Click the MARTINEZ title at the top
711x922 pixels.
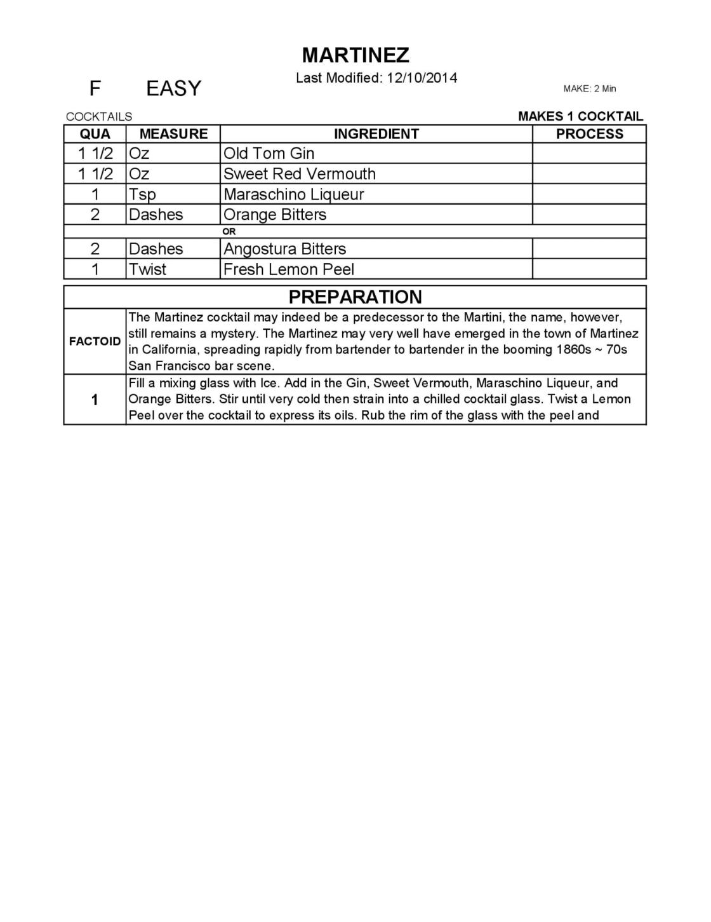coord(355,56)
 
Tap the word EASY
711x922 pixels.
coord(173,88)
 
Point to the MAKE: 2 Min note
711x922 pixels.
coord(589,89)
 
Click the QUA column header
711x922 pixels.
coord(95,134)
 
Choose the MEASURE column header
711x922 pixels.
coord(173,134)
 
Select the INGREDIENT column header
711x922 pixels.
coord(376,134)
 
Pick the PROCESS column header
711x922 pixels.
coord(589,134)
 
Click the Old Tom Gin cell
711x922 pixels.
coord(269,154)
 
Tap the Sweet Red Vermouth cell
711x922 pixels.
coord(299,174)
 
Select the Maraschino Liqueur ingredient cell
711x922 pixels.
coord(293,194)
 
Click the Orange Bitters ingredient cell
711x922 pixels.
coord(275,215)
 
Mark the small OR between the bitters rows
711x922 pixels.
coord(229,232)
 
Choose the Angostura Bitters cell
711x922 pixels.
coord(284,249)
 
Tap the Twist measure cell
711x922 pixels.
coord(147,269)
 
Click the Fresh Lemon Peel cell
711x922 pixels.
coord(289,269)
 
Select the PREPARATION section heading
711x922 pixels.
coord(355,297)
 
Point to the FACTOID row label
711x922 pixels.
coord(95,341)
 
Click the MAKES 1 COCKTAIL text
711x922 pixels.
coord(580,116)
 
